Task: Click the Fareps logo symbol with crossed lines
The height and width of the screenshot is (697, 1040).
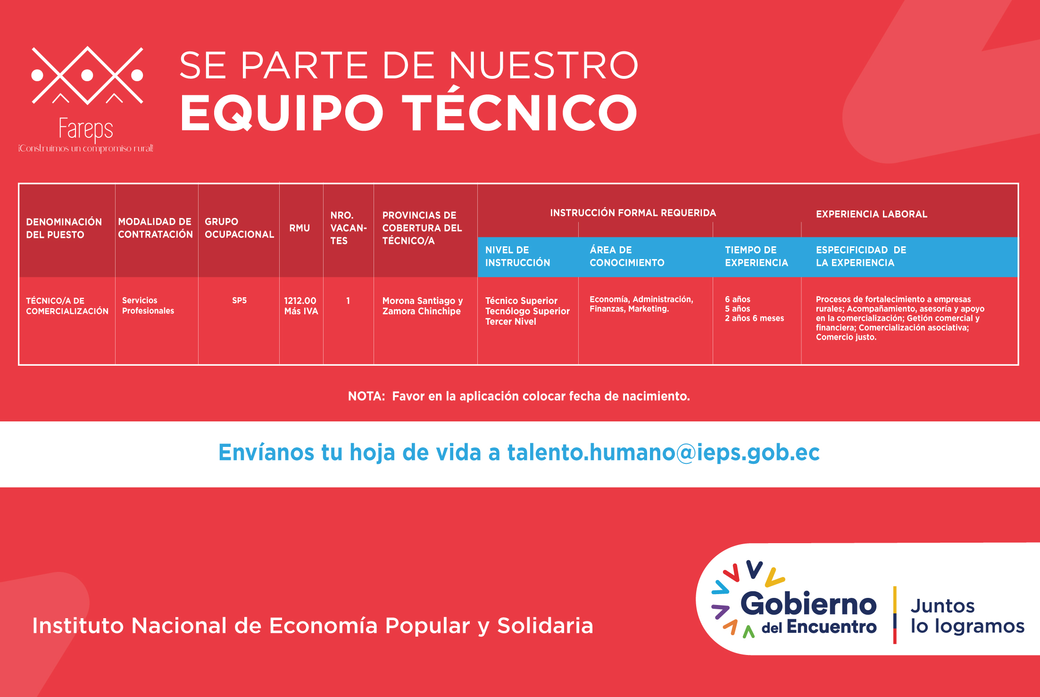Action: tap(87, 76)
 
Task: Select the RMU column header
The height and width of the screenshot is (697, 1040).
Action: tap(300, 228)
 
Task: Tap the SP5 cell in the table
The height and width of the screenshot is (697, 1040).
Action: tap(239, 301)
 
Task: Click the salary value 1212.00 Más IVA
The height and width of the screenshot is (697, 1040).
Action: tap(301, 306)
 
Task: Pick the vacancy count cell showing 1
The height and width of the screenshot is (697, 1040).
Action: tap(348, 301)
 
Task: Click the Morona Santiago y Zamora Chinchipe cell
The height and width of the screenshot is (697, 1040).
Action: tap(423, 306)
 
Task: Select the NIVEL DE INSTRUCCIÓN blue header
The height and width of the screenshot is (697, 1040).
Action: tap(517, 256)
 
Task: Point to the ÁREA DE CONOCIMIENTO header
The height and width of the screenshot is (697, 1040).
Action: tap(627, 256)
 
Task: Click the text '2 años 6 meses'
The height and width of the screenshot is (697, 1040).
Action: tap(754, 319)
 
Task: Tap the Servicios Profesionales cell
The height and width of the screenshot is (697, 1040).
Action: tap(148, 305)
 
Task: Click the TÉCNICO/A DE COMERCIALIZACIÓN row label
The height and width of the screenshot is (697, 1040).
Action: tap(67, 306)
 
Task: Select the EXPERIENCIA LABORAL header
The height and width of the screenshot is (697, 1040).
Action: tap(872, 214)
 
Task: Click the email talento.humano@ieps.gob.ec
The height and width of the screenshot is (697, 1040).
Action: tap(663, 452)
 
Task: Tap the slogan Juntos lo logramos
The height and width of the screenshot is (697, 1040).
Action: tap(967, 615)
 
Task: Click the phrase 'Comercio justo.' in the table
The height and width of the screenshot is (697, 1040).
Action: tap(846, 337)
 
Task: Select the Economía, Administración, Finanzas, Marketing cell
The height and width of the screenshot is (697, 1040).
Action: tap(641, 304)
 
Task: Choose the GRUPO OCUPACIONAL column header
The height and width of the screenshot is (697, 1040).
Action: tap(239, 228)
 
